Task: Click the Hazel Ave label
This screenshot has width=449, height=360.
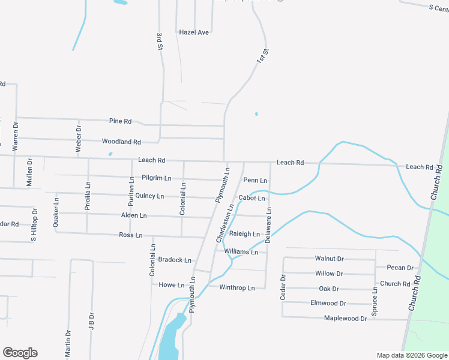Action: (194, 32)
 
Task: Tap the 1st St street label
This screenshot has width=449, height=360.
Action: (261, 58)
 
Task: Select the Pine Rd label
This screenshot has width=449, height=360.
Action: (120, 121)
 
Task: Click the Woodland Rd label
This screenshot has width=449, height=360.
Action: (121, 142)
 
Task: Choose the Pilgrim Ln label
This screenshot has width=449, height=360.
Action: (157, 178)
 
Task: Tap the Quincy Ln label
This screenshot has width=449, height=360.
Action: (149, 196)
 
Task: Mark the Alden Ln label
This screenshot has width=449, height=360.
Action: (134, 215)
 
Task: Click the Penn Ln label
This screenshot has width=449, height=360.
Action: (255, 180)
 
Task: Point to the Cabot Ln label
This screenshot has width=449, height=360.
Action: (252, 198)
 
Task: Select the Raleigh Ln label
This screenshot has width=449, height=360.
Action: (244, 234)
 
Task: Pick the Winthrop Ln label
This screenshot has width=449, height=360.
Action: (237, 288)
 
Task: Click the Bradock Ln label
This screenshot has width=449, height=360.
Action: (175, 260)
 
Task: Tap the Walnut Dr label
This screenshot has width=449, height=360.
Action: (329, 259)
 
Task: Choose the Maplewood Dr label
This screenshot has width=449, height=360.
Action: (345, 319)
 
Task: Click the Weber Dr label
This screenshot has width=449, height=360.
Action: (78, 137)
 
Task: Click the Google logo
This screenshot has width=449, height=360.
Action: (20, 353)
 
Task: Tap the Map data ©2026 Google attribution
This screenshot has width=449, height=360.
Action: (411, 355)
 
